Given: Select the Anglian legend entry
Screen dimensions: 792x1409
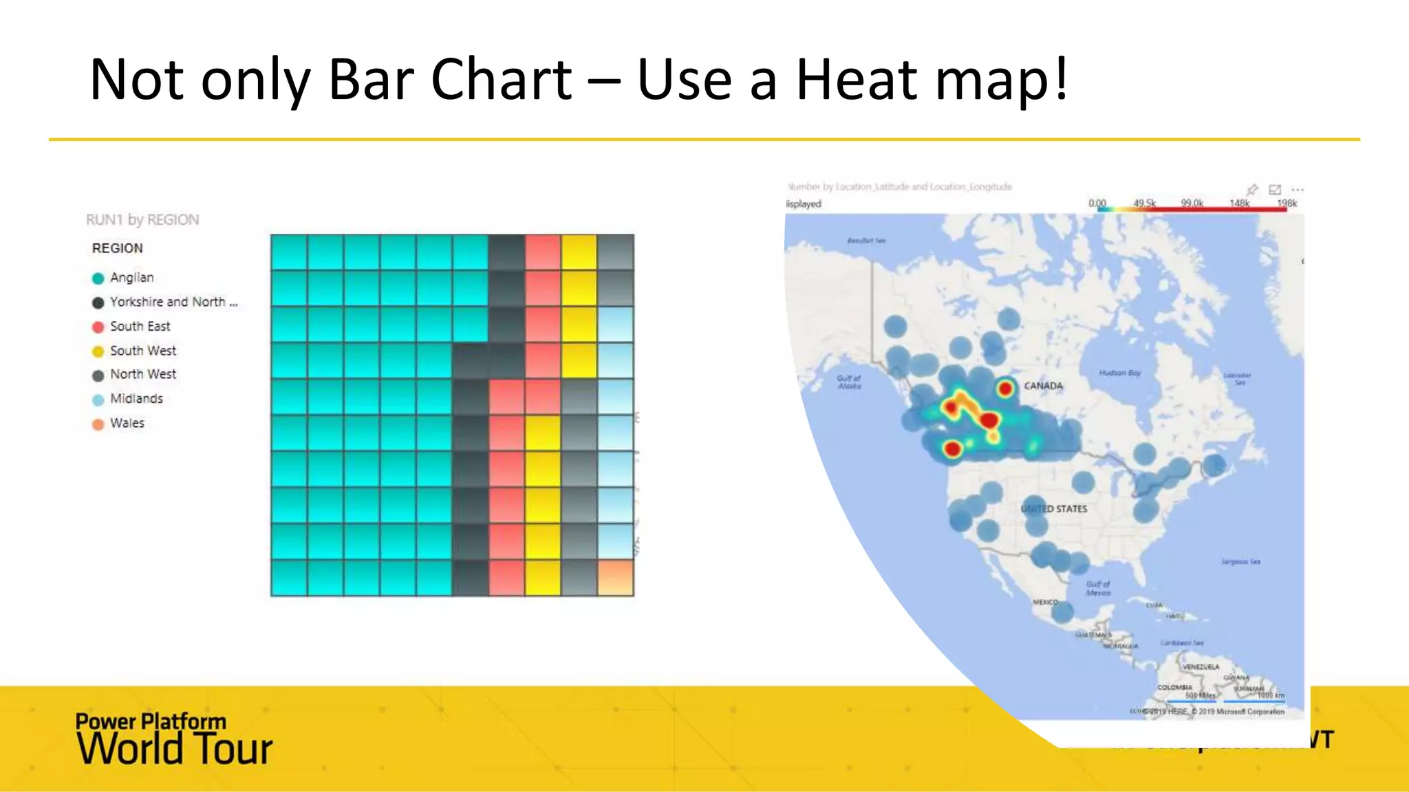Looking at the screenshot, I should point(131,278).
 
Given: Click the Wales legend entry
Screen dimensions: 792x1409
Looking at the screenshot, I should point(127,423).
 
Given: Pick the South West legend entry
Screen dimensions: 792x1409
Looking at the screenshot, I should point(142,351).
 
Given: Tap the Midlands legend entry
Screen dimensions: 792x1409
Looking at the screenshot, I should point(136,399).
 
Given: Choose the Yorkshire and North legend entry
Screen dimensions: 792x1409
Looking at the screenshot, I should point(173,302).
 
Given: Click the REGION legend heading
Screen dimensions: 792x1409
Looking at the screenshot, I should point(117,248).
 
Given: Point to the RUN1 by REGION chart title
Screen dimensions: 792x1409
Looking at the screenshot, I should point(142,220).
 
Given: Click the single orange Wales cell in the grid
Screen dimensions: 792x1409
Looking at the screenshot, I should point(615,577).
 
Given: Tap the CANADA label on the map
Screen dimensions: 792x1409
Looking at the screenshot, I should point(1043,386).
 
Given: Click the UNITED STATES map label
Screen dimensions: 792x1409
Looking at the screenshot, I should point(1054,509).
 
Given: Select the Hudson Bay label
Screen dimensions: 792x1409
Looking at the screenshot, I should point(1119,373).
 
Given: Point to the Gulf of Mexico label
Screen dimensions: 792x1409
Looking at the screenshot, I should point(1097,588).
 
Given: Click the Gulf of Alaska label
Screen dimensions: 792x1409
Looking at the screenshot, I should point(849,382).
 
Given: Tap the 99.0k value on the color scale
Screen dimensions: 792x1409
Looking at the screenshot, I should point(1192,203).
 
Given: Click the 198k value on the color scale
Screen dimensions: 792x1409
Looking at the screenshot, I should point(1286,203).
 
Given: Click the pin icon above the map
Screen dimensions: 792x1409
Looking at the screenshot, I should point(1252,189).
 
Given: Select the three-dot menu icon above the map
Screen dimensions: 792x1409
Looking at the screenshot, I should point(1298,189).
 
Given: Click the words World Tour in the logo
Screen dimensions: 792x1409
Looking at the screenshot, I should point(175,749).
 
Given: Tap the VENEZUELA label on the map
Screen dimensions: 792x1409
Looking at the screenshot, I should point(1201,667).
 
